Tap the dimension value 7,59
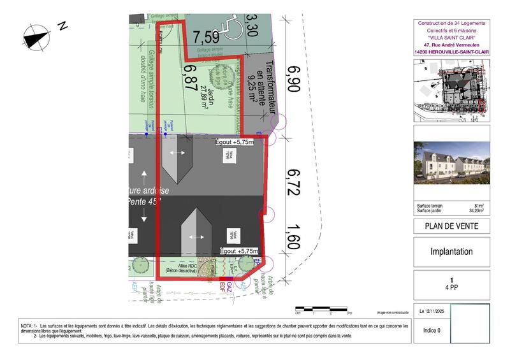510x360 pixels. (207, 36)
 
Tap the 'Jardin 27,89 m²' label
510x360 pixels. (208, 96)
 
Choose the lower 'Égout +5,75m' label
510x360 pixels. (237, 252)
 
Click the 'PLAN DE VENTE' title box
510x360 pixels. (451, 226)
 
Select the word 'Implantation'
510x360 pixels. (451, 252)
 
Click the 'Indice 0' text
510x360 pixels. (430, 331)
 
